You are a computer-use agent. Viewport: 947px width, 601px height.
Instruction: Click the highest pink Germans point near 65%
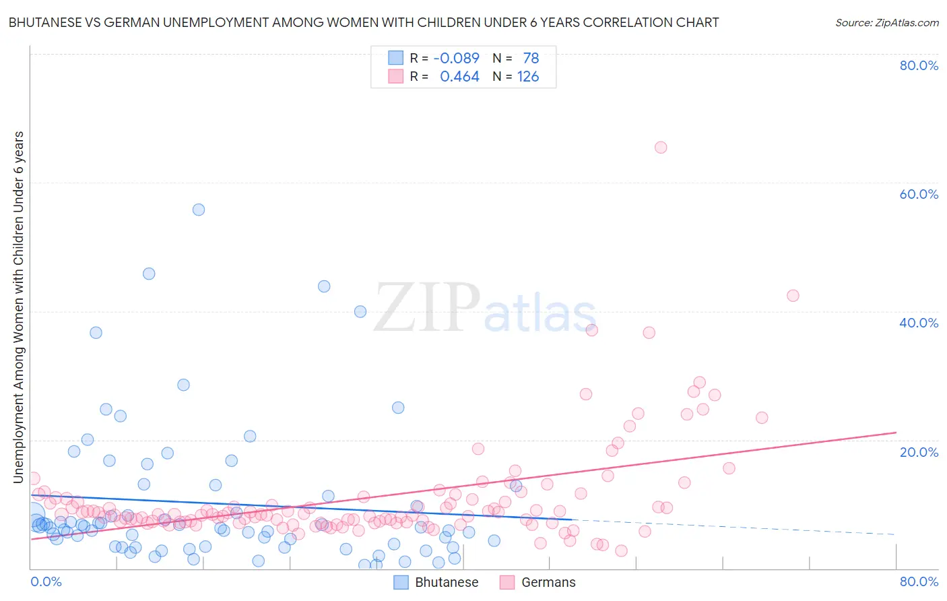point(661,148)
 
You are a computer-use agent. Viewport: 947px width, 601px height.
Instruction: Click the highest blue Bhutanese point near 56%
point(198,210)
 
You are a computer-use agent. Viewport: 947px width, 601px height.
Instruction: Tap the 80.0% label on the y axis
point(919,65)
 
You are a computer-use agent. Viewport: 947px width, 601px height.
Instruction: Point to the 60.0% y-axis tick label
point(919,194)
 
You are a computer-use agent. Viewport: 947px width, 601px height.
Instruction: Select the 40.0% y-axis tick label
point(919,323)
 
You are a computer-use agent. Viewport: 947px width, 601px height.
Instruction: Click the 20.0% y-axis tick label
point(919,452)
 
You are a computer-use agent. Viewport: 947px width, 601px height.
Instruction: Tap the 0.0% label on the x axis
point(46,581)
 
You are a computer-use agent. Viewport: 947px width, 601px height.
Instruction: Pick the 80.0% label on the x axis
point(919,581)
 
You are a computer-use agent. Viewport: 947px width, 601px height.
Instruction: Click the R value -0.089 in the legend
point(456,58)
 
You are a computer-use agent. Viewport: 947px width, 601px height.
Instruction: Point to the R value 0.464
point(459,77)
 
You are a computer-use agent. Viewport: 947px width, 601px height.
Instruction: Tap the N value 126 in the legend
point(528,77)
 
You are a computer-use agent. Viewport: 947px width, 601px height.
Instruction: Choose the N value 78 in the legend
point(531,58)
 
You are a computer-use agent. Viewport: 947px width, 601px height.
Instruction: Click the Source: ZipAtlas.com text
point(886,23)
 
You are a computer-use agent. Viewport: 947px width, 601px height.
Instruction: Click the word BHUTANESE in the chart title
point(44,23)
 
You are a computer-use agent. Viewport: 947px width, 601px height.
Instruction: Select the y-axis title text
point(19,307)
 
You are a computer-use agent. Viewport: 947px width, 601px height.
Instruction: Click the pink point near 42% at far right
point(793,296)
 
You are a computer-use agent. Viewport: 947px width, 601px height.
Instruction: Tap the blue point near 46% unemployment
point(149,274)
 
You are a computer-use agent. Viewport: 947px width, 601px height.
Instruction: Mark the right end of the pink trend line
point(896,433)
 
